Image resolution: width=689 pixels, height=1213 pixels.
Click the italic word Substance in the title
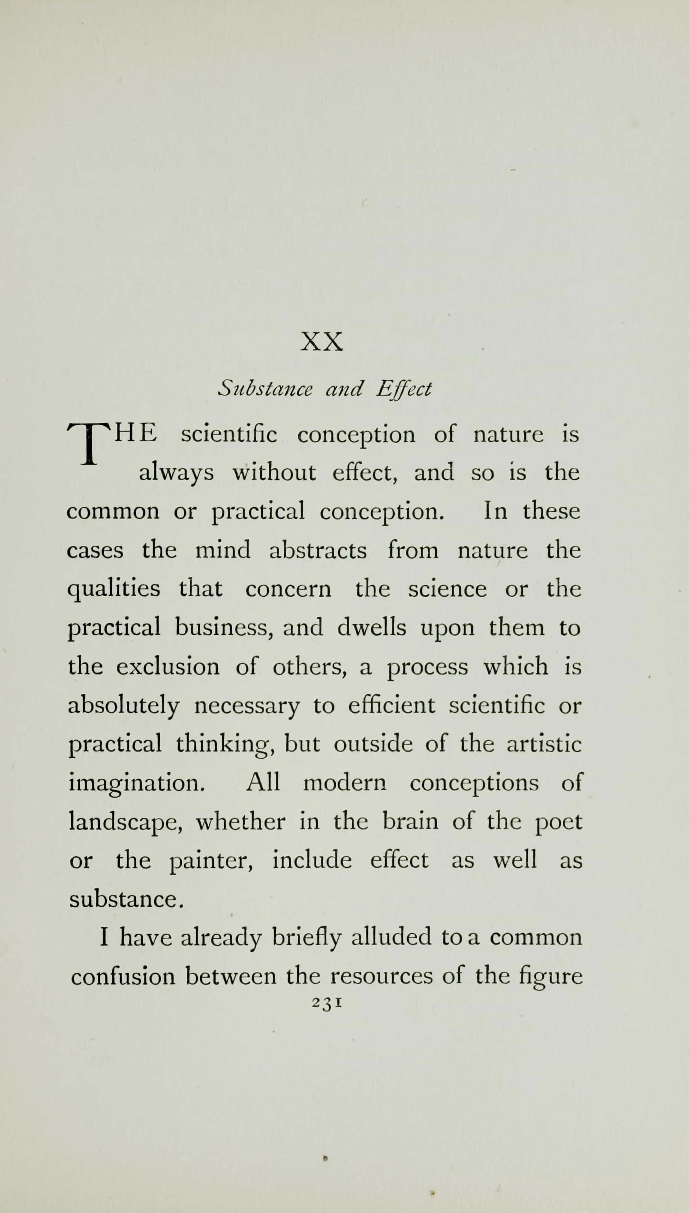[x=265, y=389]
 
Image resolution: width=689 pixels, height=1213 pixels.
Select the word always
[x=176, y=473]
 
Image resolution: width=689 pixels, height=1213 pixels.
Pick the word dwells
[x=371, y=628]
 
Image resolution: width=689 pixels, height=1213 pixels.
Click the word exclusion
[x=168, y=666]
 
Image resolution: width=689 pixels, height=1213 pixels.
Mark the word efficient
[x=391, y=705]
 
